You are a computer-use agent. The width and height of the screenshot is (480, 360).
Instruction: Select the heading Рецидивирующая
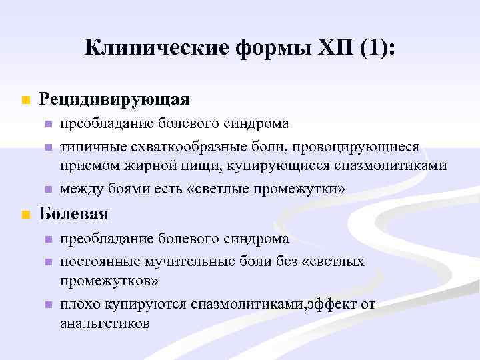point(114,99)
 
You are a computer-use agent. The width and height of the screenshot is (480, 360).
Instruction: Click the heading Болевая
point(73,215)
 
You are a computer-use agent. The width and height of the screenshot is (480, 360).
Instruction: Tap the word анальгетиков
point(105,324)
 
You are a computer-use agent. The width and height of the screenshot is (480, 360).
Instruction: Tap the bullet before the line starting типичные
point(47,147)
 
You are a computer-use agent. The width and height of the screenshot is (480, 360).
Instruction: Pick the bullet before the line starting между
point(47,190)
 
